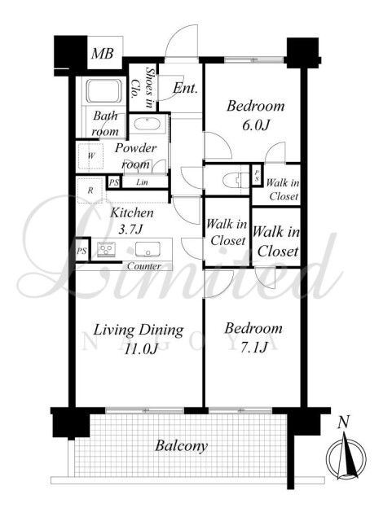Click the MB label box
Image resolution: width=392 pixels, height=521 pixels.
[x=104, y=53]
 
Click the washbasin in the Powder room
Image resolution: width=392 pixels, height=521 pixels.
[x=148, y=125]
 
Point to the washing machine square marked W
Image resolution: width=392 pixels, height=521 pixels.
[x=90, y=155]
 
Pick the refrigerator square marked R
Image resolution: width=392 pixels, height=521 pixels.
[x=90, y=190]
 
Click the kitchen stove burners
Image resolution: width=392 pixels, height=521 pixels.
[x=107, y=249]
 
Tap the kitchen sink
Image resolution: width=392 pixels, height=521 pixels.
[x=148, y=249]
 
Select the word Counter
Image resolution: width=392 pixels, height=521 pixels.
[x=144, y=266]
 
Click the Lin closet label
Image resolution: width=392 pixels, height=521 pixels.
[x=142, y=182]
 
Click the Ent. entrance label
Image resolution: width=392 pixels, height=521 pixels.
[x=185, y=89]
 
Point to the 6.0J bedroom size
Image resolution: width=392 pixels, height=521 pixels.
[x=255, y=125]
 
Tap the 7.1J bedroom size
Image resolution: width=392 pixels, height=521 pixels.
[x=253, y=348]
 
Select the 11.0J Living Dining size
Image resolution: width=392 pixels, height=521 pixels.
[x=139, y=349]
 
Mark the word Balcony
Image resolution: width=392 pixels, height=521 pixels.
[x=182, y=446]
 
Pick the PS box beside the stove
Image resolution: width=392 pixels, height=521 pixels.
[x=82, y=251]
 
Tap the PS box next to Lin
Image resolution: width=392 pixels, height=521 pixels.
[x=114, y=182]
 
